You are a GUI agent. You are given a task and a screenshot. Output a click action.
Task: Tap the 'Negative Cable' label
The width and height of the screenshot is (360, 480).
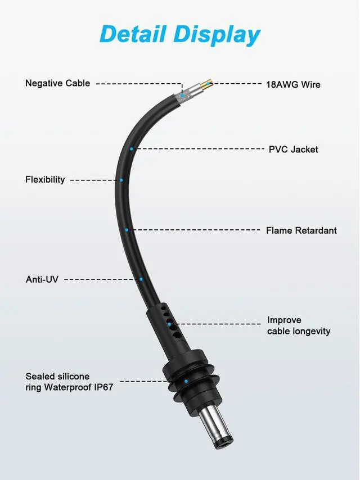57,83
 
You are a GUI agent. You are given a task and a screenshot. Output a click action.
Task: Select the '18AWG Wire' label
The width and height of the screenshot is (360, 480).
293,84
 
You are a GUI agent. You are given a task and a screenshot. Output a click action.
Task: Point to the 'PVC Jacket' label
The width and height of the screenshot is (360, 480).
293,150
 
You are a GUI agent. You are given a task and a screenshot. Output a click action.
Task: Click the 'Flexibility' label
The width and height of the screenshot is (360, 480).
45,180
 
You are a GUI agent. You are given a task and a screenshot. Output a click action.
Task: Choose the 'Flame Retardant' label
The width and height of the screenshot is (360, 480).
301,230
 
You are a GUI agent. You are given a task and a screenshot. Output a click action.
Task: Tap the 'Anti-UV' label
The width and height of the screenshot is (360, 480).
42,279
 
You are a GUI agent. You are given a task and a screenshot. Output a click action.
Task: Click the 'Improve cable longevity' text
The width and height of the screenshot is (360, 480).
298,326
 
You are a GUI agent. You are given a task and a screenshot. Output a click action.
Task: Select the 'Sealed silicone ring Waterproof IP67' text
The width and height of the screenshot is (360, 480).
69,382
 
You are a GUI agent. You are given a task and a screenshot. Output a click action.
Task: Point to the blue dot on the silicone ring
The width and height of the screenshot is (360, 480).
186,382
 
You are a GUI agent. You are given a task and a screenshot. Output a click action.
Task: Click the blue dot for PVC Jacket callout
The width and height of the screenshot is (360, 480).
132,149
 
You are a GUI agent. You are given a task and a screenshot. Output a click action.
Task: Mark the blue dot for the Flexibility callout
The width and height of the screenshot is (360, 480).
121,180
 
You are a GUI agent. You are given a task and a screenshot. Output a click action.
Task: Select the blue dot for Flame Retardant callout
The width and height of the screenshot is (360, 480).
127,230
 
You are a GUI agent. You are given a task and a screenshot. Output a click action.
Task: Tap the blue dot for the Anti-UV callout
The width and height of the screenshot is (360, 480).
141,279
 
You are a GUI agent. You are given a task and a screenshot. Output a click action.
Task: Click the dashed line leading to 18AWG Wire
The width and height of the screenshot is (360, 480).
236,84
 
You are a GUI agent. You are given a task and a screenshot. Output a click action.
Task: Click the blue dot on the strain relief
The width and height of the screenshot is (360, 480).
169,324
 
